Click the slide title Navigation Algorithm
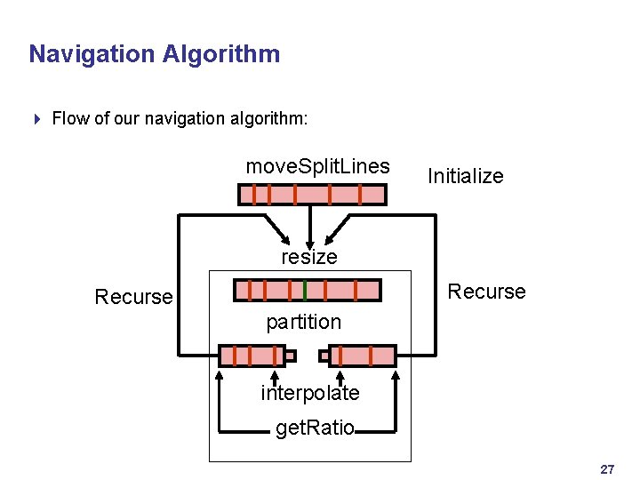(154, 54)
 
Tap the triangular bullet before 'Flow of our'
(36, 118)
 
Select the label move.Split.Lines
(317, 166)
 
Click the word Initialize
(465, 176)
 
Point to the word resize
(309, 257)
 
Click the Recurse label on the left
(133, 297)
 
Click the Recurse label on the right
(486, 292)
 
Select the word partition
(303, 322)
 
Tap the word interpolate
(309, 393)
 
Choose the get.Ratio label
(315, 429)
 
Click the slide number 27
(608, 468)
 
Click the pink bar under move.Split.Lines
(312, 195)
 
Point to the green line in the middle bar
(305, 290)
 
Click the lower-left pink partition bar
(252, 356)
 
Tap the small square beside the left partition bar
(290, 356)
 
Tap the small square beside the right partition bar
(324, 356)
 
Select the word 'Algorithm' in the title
(221, 54)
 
